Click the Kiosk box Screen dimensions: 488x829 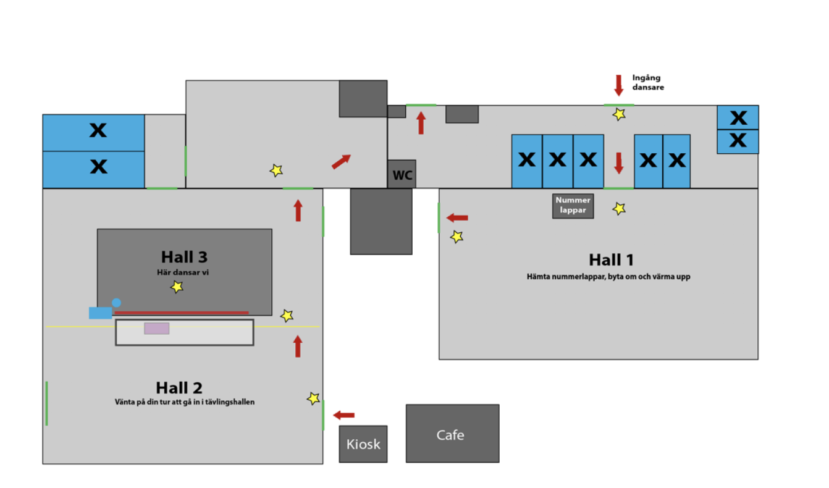pos(363,444)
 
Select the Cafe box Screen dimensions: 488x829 pos(452,434)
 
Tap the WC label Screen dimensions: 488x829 pos(402,175)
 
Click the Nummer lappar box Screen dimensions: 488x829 pos(573,206)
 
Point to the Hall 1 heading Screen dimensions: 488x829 pos(611,259)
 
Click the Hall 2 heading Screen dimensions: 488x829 pos(179,388)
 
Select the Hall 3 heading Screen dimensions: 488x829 pos(184,256)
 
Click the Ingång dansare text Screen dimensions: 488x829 pos(647,82)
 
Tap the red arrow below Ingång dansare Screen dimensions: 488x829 pos(619,85)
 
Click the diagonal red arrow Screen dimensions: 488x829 pos(341,161)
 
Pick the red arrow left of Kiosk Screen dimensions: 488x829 pos(344,415)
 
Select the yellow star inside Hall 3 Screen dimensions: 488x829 pos(177,287)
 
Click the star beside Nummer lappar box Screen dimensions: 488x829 pos(619,209)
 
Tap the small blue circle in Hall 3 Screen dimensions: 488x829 pos(116,303)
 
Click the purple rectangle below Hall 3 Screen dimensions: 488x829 pos(157,328)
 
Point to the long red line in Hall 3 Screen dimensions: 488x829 pos(181,313)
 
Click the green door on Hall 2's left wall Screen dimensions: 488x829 pos(47,403)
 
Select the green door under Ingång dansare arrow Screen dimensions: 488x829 pos(619,105)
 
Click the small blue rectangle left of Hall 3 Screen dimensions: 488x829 pos(100,313)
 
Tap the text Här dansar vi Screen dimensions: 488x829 pos(184,272)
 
